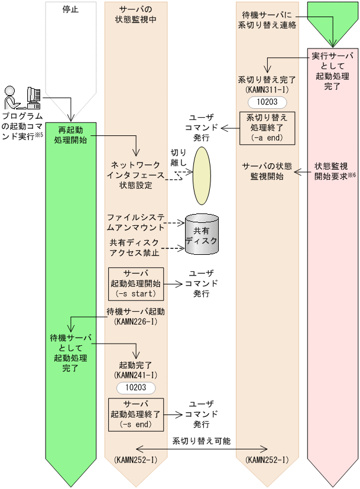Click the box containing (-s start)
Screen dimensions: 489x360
point(136,283)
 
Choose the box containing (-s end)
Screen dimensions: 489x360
point(136,413)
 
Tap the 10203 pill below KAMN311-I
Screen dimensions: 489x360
point(267,102)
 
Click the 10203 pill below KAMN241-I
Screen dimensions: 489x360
point(136,388)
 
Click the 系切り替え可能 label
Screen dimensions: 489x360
point(201,441)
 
